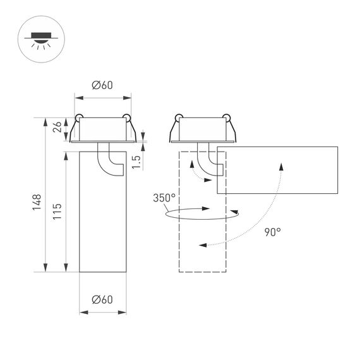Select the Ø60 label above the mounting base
(102, 86)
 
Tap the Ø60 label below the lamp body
(102, 300)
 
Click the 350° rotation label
(164, 198)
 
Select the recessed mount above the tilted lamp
(202, 129)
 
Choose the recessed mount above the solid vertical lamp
(102, 130)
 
